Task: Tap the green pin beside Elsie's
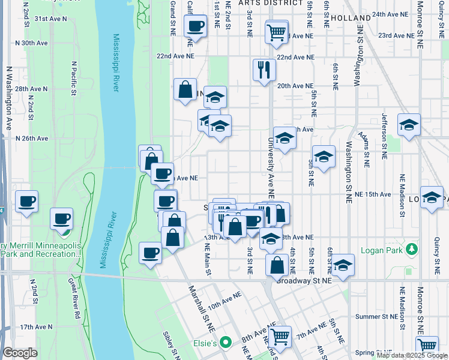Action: (x=225, y=343)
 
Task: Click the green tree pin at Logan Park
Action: (x=411, y=248)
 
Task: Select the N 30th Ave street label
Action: (x=34, y=43)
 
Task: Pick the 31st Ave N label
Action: (x=49, y=19)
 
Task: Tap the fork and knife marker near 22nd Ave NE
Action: (x=264, y=69)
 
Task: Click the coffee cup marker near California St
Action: (x=195, y=26)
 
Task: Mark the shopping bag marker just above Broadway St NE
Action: (x=277, y=265)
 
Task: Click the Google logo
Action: (x=20, y=353)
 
